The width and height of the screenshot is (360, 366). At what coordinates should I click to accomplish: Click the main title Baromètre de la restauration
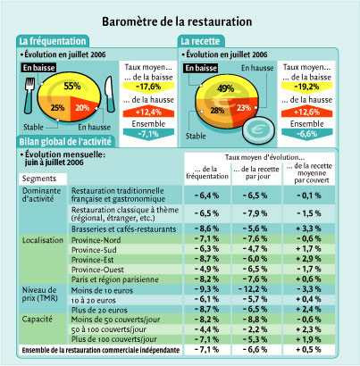177,21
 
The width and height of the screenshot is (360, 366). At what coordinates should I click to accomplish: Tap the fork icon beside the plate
29,96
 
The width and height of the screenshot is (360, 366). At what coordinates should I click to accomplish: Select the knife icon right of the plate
110,94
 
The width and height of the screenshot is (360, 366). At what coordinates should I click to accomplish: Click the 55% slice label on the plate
72,87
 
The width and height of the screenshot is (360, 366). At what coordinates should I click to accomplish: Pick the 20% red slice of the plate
83,108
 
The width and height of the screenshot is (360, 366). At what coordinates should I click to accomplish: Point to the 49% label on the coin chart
225,88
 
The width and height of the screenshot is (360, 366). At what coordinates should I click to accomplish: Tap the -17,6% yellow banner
148,87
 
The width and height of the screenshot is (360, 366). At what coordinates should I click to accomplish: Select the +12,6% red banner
306,112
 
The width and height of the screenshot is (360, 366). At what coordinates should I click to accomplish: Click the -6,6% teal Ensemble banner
306,134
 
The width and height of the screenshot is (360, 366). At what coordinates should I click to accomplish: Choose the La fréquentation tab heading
53,41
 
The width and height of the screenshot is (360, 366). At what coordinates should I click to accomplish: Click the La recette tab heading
200,41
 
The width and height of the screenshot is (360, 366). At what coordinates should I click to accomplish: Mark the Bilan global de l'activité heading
65,141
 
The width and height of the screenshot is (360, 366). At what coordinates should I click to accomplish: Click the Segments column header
39,179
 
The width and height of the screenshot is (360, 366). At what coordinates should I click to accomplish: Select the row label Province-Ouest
97,270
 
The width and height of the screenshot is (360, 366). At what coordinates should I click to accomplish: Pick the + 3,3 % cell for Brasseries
308,229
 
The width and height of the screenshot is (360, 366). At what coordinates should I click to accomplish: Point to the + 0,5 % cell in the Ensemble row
308,349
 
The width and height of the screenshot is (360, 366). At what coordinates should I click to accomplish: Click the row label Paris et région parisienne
115,279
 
